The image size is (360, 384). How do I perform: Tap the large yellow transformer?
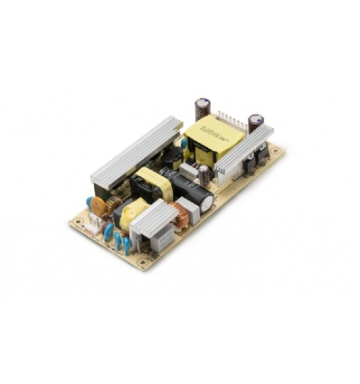click(214, 136)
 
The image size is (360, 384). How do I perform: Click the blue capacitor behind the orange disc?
click(90, 204)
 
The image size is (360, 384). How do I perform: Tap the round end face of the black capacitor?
click(207, 203)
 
